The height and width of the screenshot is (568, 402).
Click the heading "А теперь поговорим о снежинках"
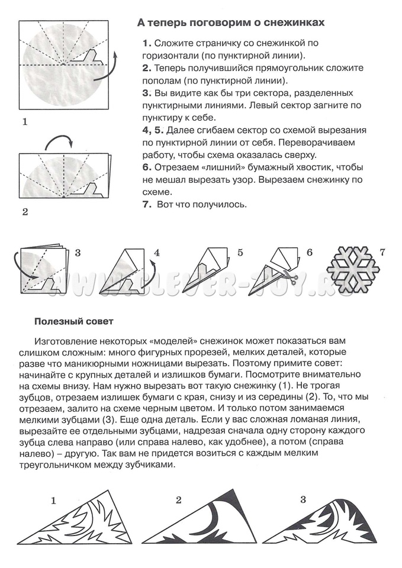click(x=231, y=22)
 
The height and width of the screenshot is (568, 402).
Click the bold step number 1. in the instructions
click(x=146, y=44)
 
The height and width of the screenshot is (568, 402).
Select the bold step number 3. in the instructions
click(x=147, y=93)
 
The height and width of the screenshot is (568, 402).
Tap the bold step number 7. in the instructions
click(x=147, y=205)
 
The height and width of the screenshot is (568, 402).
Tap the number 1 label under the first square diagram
click(x=25, y=122)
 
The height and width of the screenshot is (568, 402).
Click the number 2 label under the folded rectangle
click(x=25, y=211)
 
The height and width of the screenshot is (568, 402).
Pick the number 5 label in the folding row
click(x=240, y=253)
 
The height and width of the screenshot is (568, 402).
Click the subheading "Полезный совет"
click(x=73, y=322)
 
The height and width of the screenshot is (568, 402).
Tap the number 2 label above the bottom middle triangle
click(x=179, y=500)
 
